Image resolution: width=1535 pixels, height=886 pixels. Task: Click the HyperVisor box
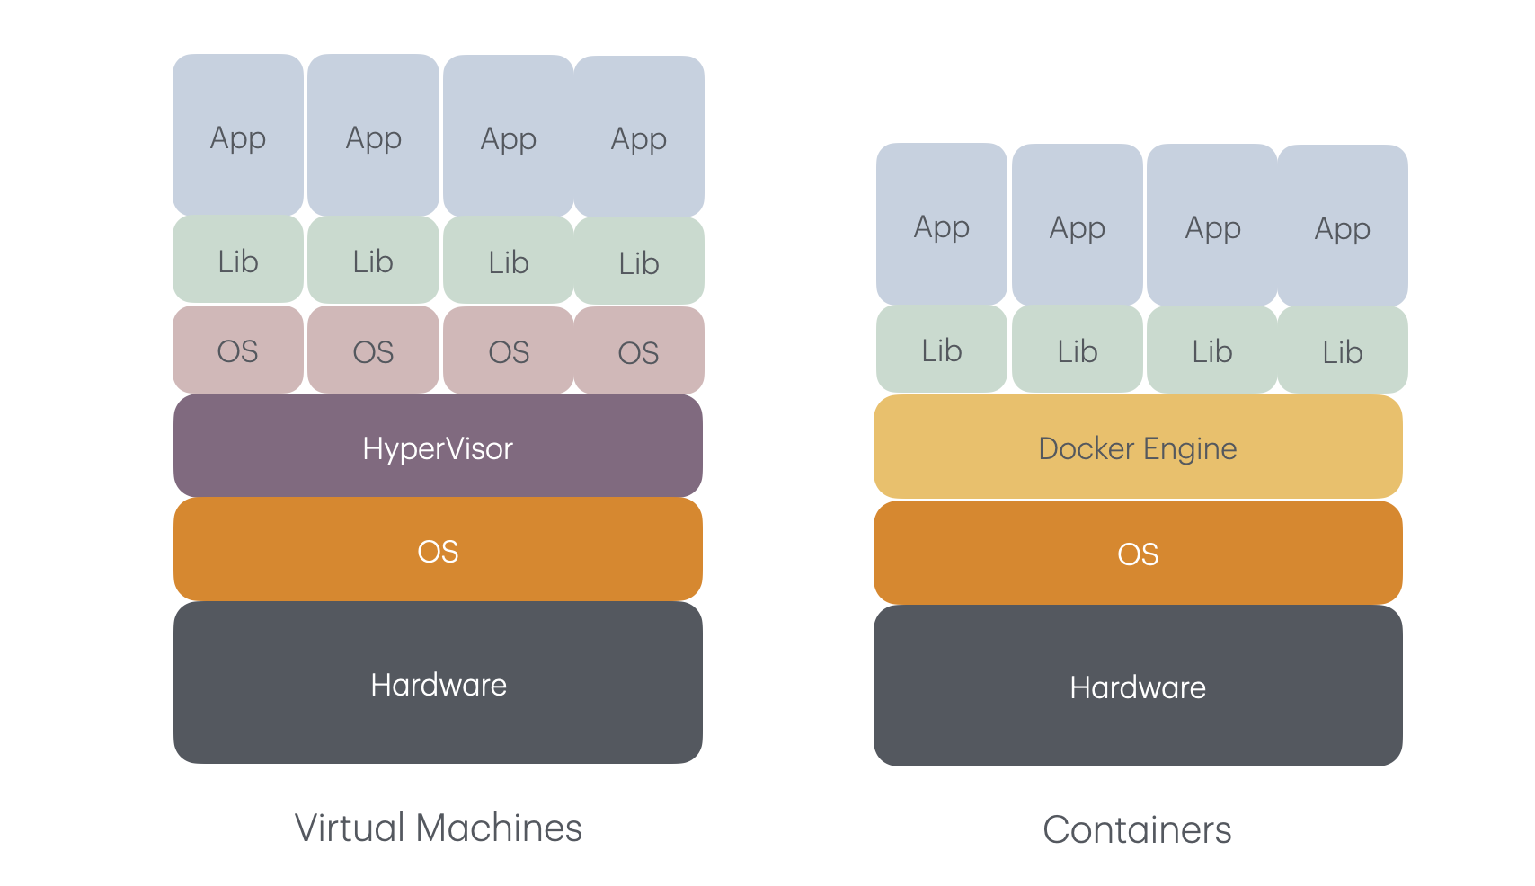pos(438,447)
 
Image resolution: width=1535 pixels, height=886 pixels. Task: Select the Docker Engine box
pos(1138,447)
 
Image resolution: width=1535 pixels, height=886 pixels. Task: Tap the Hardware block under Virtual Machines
pos(438,684)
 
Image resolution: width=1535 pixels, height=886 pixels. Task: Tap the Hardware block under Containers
pos(1138,687)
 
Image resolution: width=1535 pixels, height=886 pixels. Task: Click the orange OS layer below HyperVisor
pos(438,550)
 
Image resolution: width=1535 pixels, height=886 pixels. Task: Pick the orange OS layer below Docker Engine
pos(1138,553)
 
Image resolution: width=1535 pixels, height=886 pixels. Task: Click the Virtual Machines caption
pos(438,828)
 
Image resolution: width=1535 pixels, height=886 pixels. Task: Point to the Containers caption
pos(1137,829)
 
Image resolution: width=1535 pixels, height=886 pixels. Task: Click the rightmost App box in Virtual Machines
pos(639,137)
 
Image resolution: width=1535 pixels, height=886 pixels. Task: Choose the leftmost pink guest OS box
pos(237,350)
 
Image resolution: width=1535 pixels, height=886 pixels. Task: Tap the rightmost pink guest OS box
pos(639,351)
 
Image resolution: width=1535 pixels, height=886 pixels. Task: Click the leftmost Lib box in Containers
pos(941,349)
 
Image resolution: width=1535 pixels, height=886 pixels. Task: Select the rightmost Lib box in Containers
pos(1343,350)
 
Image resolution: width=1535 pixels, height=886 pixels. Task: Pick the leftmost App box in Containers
pos(941,225)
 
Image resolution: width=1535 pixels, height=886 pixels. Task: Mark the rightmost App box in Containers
pos(1343,226)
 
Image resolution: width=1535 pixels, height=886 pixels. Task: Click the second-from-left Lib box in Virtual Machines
pos(373,261)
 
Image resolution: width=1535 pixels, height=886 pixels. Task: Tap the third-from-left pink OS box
pos(509,350)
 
